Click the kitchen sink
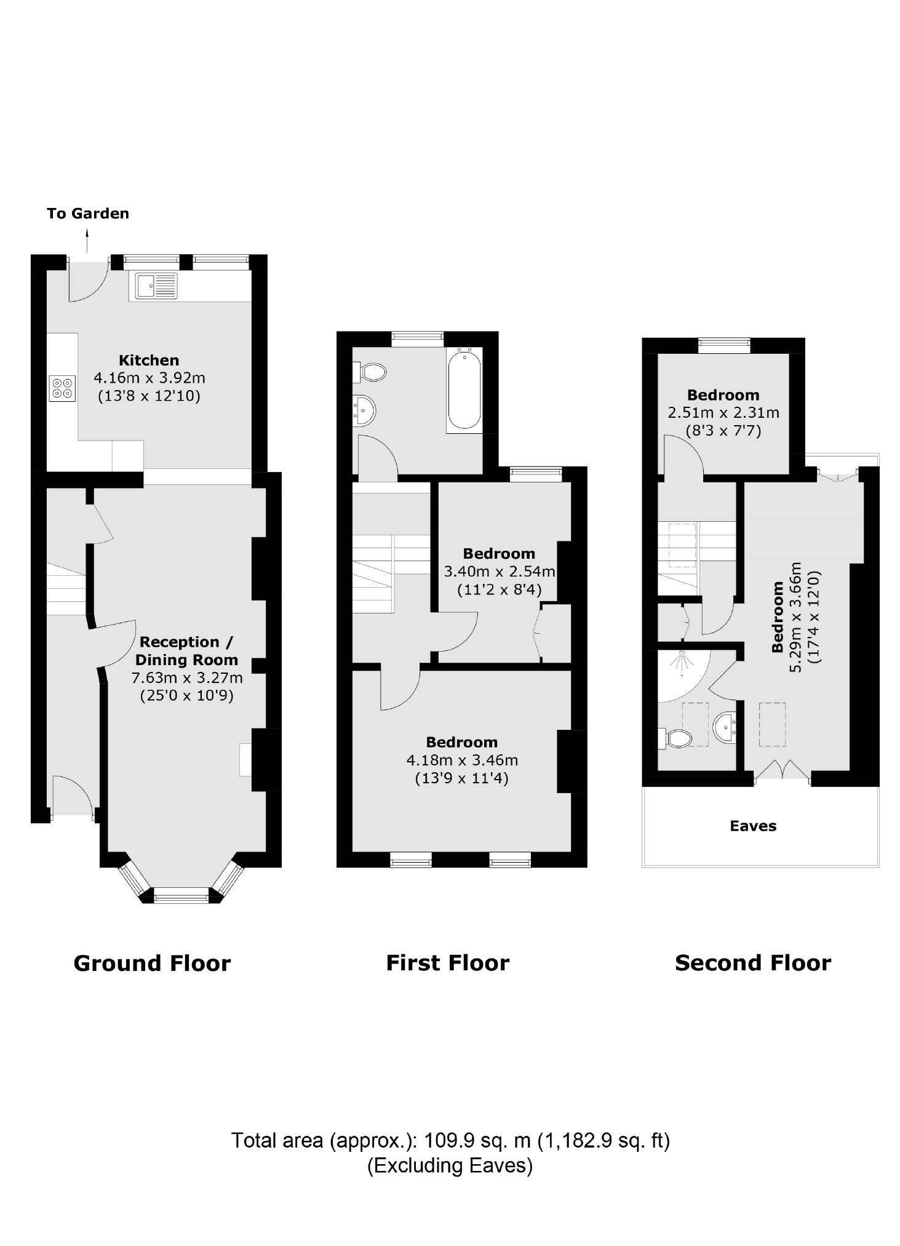[x=156, y=286]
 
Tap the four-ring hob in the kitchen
[x=62, y=388]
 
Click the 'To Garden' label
[x=88, y=214]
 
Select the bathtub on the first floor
[x=464, y=389]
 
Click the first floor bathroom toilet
[x=371, y=372]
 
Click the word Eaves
[x=753, y=826]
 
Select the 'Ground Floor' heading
[x=152, y=962]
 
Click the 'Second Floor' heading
[x=753, y=962]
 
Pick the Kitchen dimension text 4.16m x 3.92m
[x=149, y=378]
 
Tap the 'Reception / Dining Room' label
[x=186, y=650]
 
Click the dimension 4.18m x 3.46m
[x=462, y=761]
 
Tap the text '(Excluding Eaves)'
[x=450, y=1165]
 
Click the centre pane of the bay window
[x=181, y=898]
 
